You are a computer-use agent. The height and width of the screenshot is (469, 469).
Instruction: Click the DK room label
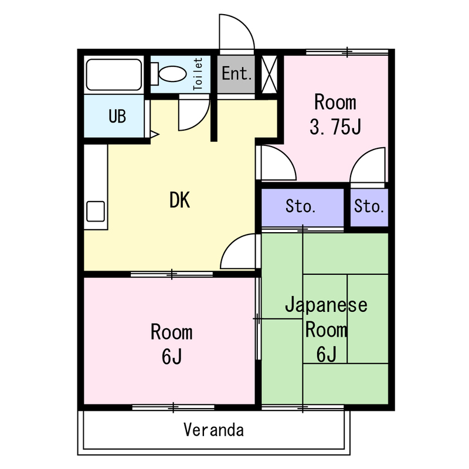click(x=179, y=201)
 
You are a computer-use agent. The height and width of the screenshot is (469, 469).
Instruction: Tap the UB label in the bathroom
click(x=117, y=116)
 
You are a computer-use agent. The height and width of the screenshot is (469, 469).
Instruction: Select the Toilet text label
click(x=198, y=74)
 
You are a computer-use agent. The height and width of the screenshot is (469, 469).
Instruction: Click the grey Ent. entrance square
click(x=237, y=74)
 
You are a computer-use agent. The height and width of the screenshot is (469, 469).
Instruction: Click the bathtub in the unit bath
click(x=114, y=74)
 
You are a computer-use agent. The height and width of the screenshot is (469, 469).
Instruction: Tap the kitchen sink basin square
click(x=95, y=211)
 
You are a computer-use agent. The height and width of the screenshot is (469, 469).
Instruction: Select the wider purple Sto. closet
click(x=301, y=207)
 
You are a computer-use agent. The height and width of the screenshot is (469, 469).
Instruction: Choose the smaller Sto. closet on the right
click(x=369, y=207)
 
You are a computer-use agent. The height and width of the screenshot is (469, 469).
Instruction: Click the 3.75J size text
click(x=335, y=127)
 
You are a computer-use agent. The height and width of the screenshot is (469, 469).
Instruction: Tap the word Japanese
click(x=326, y=305)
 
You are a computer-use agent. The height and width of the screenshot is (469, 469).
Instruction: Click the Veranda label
click(x=213, y=430)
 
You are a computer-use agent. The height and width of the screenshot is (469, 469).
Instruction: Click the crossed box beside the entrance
click(x=269, y=74)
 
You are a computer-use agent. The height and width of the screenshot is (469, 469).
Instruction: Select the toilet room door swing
click(x=194, y=114)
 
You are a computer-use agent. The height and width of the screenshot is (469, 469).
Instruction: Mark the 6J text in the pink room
click(x=171, y=356)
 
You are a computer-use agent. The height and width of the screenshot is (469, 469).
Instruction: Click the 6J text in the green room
click(x=326, y=355)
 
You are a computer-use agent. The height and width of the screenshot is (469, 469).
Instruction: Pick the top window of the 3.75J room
click(x=347, y=52)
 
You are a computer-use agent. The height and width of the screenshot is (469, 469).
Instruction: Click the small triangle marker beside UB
click(x=154, y=134)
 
